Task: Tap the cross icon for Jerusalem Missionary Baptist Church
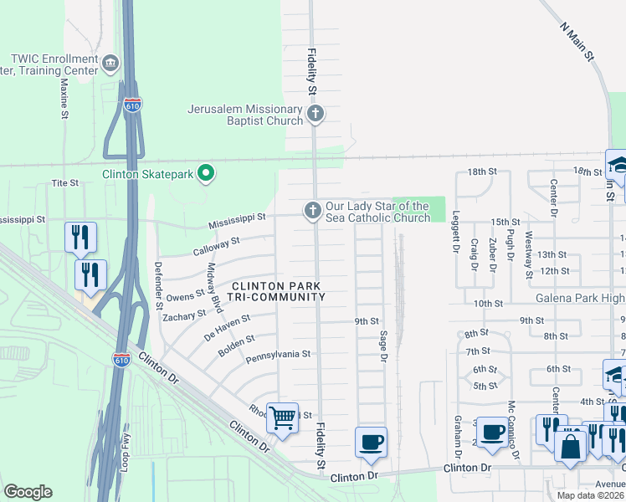(x=315, y=114)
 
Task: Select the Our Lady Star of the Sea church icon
(x=312, y=211)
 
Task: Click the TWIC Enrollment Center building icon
(x=110, y=64)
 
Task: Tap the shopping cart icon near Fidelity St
(x=282, y=417)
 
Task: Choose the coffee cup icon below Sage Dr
(x=370, y=442)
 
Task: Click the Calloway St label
(x=217, y=243)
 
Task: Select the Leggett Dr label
(x=457, y=232)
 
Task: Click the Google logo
(x=28, y=492)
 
